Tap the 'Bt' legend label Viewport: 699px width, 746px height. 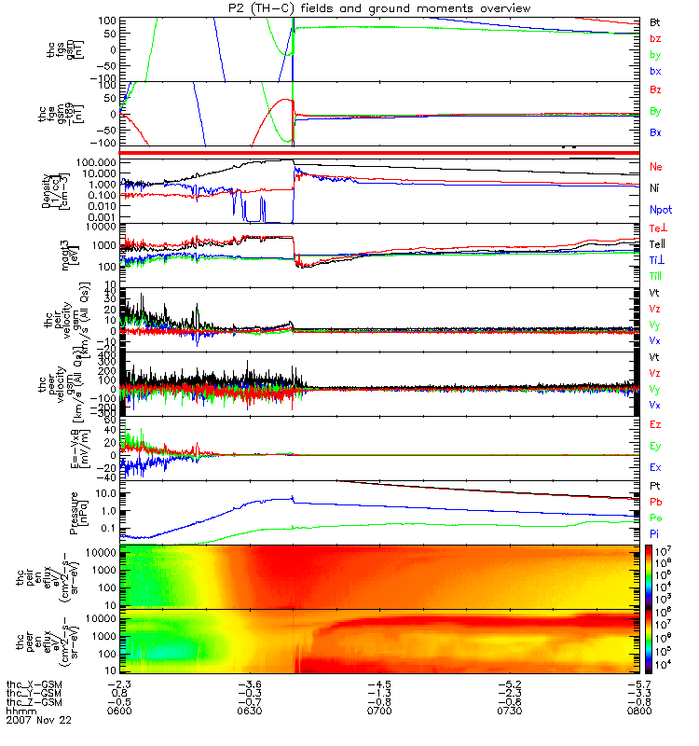pos(655,21)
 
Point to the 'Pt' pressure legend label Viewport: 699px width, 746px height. pos(655,487)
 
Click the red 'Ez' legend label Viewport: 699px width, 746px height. pos(655,424)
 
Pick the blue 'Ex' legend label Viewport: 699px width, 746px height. pos(655,466)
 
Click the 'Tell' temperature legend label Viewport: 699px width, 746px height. pos(658,243)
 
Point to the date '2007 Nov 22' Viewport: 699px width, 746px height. pos(38,721)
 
